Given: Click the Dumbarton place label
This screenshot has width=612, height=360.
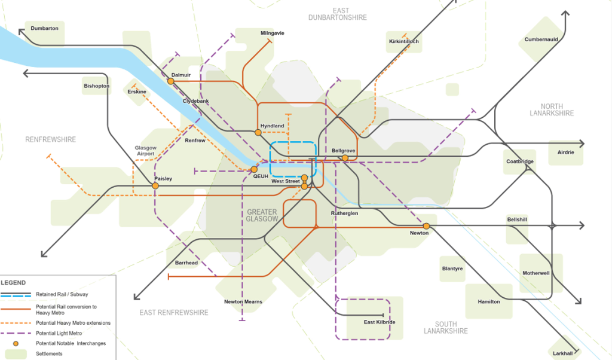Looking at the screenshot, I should pos(44,28).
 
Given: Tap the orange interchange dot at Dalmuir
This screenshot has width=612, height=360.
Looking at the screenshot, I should pos(171,81).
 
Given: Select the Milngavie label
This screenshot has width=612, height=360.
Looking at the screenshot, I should pos(273,33).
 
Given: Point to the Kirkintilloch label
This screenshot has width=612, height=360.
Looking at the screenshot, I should pos(404,41).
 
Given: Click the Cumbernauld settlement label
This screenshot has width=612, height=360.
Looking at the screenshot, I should pos(541,39).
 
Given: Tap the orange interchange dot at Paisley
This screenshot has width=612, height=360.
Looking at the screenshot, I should pos(155,186).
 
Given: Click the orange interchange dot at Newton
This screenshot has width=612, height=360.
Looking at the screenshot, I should pos(427,226).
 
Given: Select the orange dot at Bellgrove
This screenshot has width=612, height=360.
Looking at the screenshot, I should pos(345,158).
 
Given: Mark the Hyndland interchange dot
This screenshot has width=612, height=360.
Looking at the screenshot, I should pos(258,132).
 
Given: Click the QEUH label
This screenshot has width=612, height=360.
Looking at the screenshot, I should pos(261,176).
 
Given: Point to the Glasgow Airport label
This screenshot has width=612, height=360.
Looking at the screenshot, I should pos(146,151).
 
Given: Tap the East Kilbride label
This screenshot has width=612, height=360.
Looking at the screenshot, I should pos(380,322).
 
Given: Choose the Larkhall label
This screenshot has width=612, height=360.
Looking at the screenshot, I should pos(562,353).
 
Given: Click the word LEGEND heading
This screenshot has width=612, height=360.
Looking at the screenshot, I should pos(13,282).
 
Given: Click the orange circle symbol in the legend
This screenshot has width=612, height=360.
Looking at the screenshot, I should pos(16,343).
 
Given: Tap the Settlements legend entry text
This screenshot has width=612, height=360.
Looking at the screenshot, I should pos(49,353).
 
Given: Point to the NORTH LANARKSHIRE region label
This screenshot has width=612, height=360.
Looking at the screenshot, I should pos(552,109).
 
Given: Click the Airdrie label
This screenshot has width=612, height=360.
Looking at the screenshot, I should pos(565,152).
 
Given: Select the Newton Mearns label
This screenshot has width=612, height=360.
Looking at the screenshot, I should pos(243,301).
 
